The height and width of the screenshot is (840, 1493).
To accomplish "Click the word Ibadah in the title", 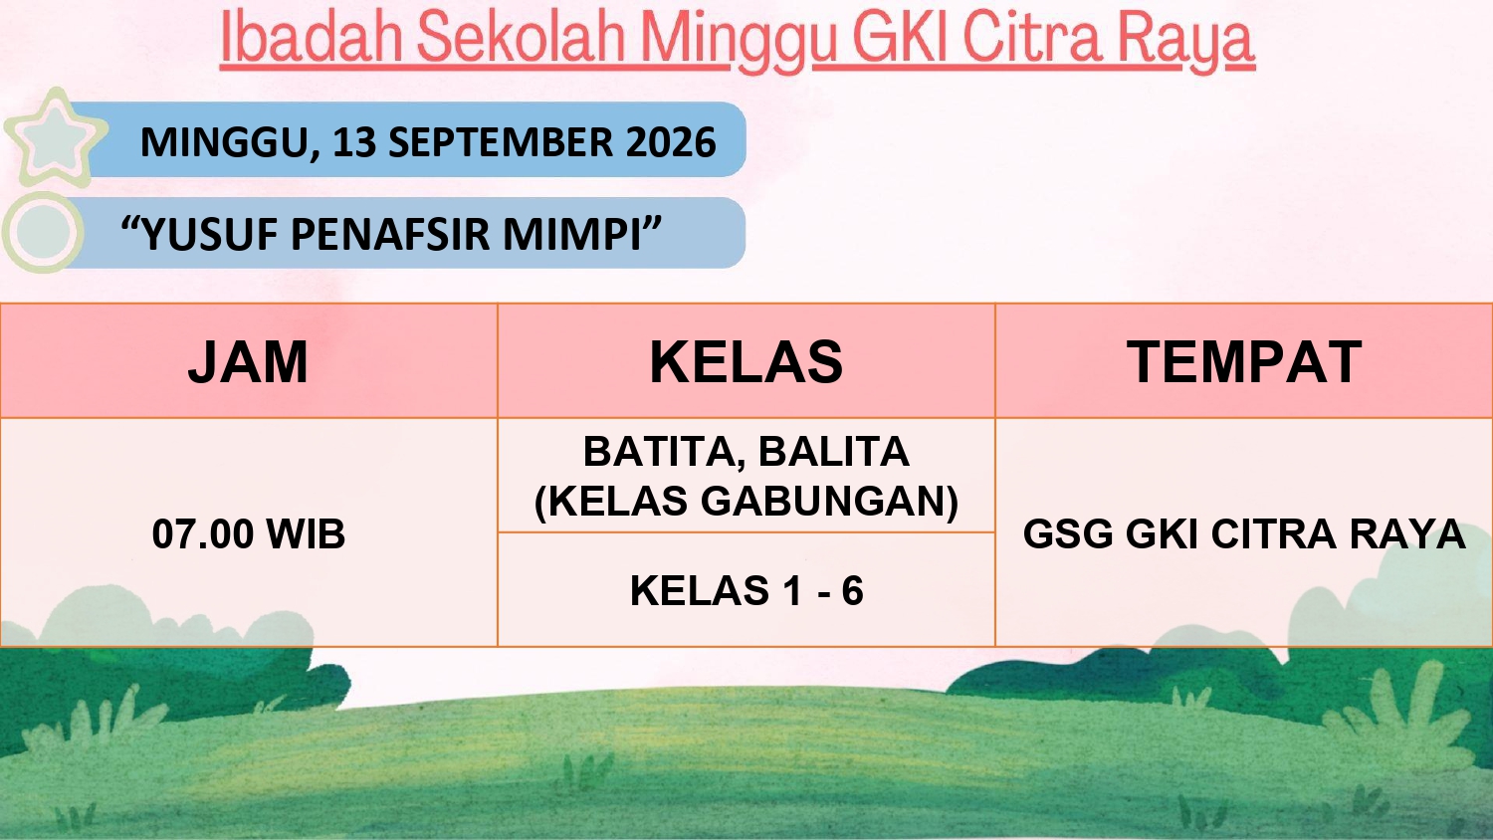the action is click(312, 38).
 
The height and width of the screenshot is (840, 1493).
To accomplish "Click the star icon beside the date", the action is click(56, 137).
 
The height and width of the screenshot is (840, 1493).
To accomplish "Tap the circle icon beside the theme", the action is click(43, 232).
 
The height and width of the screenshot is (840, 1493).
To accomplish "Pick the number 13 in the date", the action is click(354, 142).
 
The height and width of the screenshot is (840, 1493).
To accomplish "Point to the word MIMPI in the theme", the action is click(572, 235).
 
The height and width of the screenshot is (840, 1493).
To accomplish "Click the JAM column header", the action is click(248, 362).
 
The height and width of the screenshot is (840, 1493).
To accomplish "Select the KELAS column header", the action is click(746, 362).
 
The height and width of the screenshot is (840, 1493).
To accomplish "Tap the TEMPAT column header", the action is click(1244, 362).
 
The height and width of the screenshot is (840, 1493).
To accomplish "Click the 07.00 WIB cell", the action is click(249, 533).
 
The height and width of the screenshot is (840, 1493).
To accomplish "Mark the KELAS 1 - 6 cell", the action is click(746, 590).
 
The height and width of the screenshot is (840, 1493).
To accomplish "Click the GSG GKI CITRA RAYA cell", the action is click(1244, 533).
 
